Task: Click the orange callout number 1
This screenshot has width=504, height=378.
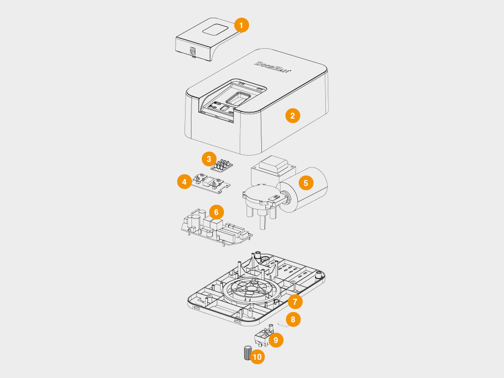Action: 241,25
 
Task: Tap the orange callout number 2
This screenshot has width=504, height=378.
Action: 292,116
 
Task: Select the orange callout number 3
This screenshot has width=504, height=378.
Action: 209,159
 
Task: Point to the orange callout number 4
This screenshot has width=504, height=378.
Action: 184,182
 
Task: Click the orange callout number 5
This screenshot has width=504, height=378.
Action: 306,183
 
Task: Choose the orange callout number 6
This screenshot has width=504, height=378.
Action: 216,212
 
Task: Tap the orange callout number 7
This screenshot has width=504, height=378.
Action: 295,301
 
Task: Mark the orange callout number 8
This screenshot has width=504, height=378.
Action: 293,319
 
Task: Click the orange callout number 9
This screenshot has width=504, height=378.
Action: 276,340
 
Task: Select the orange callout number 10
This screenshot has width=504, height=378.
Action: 257,357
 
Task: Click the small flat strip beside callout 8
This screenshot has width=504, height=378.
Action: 282,324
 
